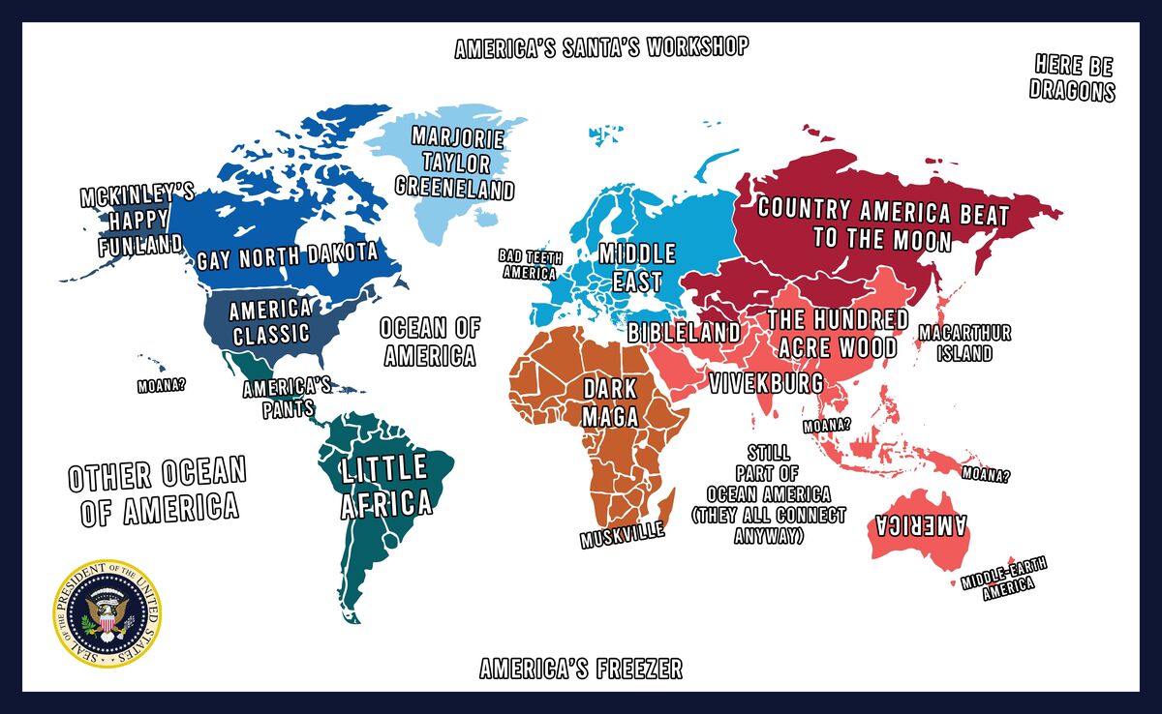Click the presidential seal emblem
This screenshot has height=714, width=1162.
[107, 614]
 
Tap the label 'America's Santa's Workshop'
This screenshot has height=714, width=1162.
[601, 48]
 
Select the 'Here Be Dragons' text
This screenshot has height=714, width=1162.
[1072, 78]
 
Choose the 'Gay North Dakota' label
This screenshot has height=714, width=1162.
[287, 258]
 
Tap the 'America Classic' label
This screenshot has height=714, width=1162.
[270, 322]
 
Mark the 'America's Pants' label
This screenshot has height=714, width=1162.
[287, 398]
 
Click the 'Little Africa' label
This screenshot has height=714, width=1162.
[384, 486]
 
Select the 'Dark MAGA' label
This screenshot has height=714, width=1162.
[610, 402]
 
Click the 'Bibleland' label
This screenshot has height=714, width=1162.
[684, 333]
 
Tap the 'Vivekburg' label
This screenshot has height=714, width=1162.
[766, 382]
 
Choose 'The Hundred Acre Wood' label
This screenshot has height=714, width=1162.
[837, 333]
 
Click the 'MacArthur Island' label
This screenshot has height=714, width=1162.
[963, 342]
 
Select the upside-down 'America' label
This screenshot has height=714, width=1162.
[921, 525]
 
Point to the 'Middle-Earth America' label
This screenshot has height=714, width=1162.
[1003, 581]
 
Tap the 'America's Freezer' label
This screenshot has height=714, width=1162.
[581, 669]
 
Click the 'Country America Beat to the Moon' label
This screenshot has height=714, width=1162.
[882, 223]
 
